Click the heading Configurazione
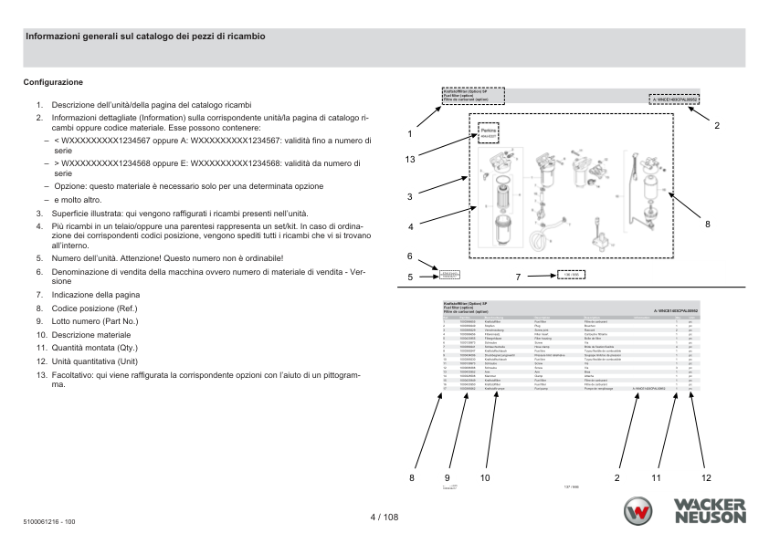point(53,82)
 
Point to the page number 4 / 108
point(384,517)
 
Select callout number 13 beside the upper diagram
point(411,160)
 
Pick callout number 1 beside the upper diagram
point(410,133)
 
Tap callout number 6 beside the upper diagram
point(410,256)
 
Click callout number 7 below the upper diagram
point(517,275)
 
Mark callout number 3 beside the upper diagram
point(410,195)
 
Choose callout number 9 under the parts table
point(448,476)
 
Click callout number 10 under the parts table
point(485,476)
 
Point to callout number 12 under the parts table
point(705,476)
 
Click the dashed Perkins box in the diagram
point(488,133)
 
